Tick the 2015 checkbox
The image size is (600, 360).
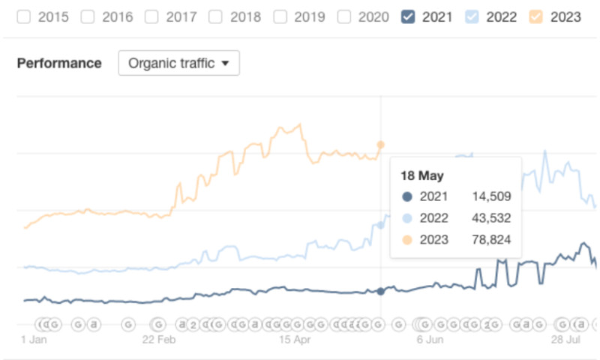click(23, 16)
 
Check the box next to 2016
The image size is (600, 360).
click(88, 16)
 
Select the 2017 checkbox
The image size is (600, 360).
click(151, 16)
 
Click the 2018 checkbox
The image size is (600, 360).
click(216, 16)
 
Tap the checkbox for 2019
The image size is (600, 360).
click(280, 16)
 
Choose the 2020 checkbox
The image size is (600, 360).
click(345, 16)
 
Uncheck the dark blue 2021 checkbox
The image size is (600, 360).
click(409, 16)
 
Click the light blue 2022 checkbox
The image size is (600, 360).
click(473, 16)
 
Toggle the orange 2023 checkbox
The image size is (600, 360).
click(537, 16)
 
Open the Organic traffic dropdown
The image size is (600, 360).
click(178, 63)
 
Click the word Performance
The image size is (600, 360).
click(59, 63)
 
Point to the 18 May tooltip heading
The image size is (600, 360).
click(422, 176)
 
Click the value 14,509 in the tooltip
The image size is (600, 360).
click(491, 197)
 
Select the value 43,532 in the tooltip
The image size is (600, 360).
click(491, 218)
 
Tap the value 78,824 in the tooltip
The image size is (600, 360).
click(491, 240)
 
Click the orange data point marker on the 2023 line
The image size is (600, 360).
click(381, 144)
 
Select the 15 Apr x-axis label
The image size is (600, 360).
click(294, 339)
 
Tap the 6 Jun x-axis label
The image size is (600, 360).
click(429, 339)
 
